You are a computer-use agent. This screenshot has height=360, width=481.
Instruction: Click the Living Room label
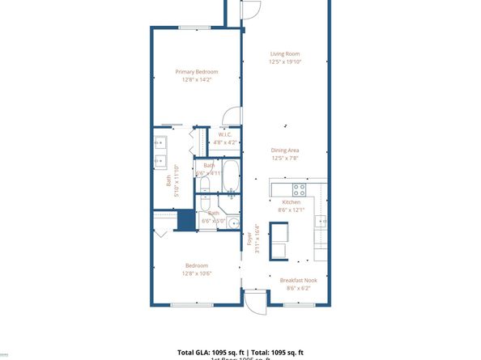point(285,54)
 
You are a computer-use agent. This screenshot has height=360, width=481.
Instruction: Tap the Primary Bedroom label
point(197,72)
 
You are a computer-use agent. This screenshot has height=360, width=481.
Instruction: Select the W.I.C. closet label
point(225,134)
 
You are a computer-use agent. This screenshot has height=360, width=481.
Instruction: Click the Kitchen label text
point(291,202)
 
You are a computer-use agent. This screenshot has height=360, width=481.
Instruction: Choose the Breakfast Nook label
point(297,280)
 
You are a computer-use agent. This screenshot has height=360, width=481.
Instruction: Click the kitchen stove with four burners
point(299,190)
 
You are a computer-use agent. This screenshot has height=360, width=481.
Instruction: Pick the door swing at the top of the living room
point(250,10)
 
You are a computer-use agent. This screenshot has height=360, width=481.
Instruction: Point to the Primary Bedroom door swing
point(233,116)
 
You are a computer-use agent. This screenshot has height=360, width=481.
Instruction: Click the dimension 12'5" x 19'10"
point(285,61)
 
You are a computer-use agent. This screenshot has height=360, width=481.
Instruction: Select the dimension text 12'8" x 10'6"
point(197,273)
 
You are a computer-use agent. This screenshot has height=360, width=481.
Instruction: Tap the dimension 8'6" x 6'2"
point(297,287)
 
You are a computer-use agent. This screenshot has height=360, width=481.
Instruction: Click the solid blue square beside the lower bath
point(185,220)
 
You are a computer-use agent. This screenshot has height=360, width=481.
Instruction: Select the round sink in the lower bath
point(233,224)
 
